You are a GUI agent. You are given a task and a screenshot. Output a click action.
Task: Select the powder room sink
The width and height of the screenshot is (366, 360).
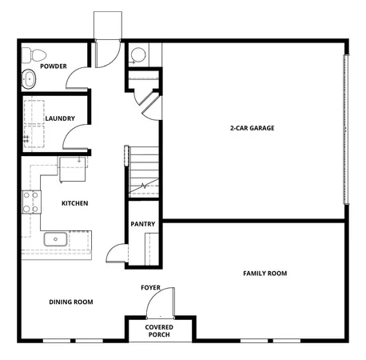tap(29, 79)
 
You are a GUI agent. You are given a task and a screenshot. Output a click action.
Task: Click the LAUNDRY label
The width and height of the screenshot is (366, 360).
tap(60, 119)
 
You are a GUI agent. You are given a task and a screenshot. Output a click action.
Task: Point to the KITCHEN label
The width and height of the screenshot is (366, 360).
tap(75, 203)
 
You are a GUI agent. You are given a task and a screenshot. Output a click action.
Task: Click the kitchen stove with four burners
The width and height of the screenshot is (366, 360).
tap(31, 202)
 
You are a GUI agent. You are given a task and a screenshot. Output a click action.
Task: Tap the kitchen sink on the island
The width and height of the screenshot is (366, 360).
tap(55, 238)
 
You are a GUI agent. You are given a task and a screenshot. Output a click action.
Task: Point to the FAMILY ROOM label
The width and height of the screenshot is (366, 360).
tap(265, 274)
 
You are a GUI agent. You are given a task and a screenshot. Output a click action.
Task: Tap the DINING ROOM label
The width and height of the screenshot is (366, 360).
tap(71, 302)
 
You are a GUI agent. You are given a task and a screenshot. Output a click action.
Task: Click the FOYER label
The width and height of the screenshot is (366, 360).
tap(151, 286)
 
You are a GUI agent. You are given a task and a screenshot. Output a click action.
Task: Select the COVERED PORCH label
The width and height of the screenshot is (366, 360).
tap(160, 331)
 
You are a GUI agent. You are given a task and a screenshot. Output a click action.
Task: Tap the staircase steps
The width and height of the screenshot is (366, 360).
tap(145, 172)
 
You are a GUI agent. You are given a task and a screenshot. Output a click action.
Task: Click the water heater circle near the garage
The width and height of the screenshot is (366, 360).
tap(138, 55)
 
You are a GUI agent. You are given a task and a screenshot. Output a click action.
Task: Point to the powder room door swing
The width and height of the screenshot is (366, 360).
tap(78, 78)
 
